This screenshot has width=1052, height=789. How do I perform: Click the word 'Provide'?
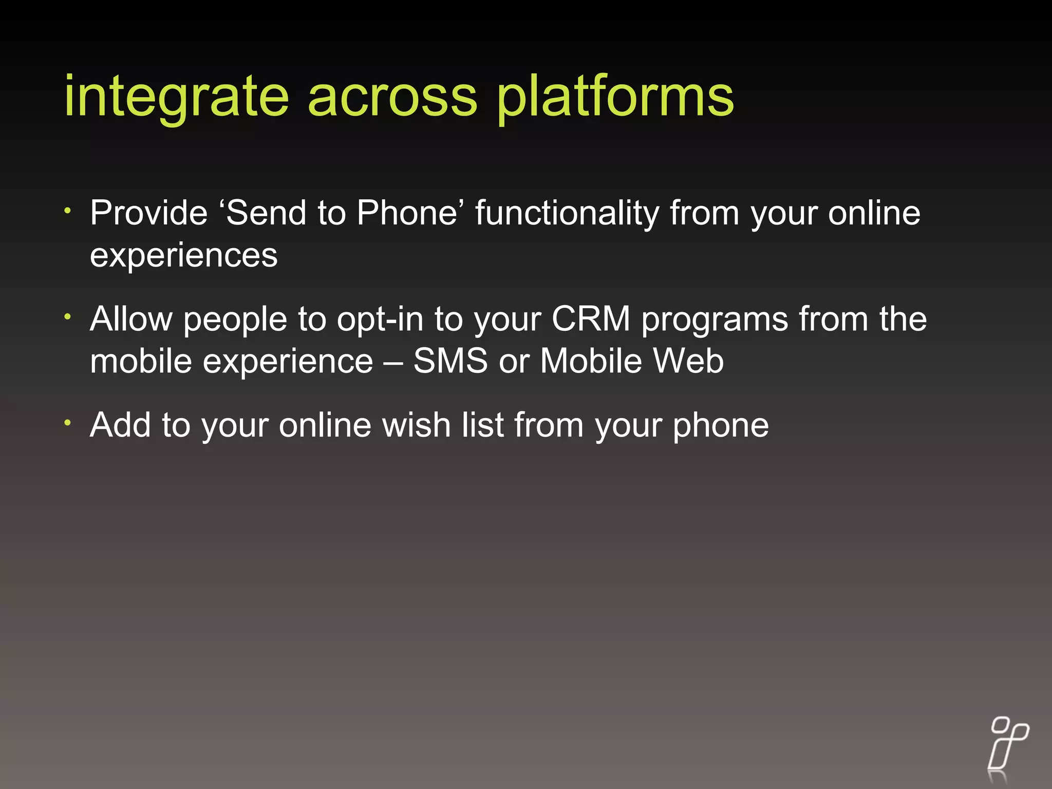point(148,213)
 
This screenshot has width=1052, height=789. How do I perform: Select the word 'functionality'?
point(567,213)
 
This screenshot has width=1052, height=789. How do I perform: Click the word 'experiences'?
point(183,255)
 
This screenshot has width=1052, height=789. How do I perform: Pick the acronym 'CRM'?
point(591,319)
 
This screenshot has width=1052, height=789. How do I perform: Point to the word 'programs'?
point(715,319)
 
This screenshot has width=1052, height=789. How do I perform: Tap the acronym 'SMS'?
point(450,361)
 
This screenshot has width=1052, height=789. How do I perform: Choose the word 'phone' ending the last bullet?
point(721,425)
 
